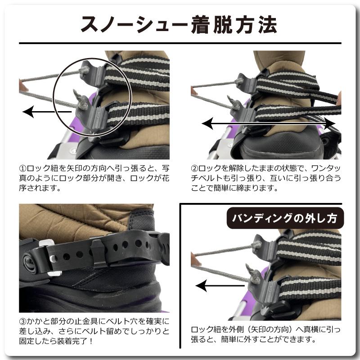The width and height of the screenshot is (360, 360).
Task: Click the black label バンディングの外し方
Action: (284, 219)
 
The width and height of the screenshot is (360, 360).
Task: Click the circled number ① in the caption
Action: (23, 168)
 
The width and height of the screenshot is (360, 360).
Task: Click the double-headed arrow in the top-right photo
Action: (268, 123)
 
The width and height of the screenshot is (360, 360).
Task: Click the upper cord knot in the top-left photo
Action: (84, 69)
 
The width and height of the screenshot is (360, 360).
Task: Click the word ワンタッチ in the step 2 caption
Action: (322, 168)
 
